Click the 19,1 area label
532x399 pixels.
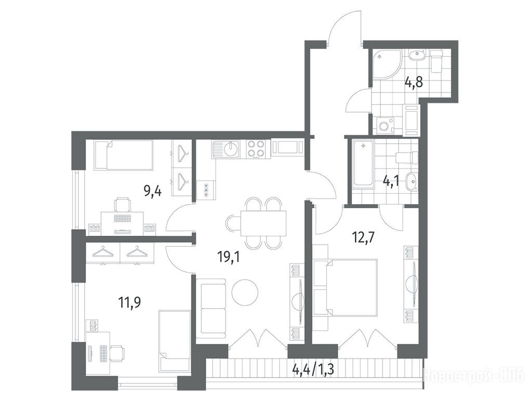229,258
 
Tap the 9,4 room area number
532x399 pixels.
152,192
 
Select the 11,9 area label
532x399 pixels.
129,302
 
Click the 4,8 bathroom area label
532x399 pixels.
414,82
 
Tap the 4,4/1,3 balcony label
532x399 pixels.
313,369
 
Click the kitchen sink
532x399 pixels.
226,150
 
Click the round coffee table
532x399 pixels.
245,292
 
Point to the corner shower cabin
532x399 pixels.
387,64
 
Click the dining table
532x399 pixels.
263,223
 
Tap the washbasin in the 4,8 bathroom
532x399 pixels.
417,55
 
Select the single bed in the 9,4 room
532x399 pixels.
124,155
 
